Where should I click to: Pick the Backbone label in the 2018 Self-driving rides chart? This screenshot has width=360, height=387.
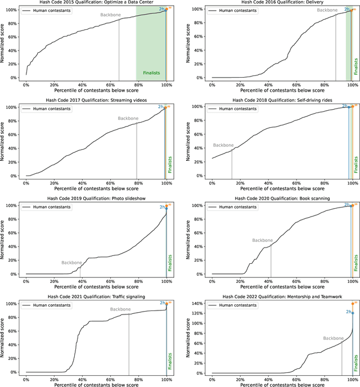[224, 145]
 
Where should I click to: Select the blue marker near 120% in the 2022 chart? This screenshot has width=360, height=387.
[353, 313]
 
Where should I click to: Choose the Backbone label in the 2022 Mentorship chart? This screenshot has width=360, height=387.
[334, 338]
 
